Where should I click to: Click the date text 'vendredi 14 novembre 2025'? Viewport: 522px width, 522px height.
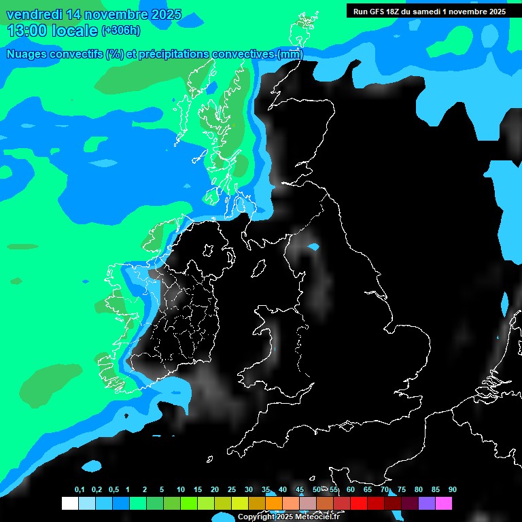(94, 14)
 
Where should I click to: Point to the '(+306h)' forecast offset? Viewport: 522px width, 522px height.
(121, 31)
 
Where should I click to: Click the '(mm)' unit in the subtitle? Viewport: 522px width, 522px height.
(290, 54)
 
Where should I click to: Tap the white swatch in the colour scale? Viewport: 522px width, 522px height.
(69, 503)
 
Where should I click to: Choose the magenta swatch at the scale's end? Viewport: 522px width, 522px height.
(443, 503)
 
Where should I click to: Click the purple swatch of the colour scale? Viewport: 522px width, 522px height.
(426, 503)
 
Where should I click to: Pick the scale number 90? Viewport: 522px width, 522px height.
(452, 489)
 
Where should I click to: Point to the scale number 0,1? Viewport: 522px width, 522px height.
(80, 489)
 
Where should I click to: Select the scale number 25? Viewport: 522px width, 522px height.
(232, 489)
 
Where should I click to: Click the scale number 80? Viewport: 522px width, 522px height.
(418, 489)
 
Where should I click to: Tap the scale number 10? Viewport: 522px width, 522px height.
(181, 489)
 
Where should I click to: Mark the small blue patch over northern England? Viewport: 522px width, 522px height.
(313, 247)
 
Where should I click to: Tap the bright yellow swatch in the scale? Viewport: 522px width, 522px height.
(239, 503)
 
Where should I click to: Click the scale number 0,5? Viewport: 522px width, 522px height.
(114, 489)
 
